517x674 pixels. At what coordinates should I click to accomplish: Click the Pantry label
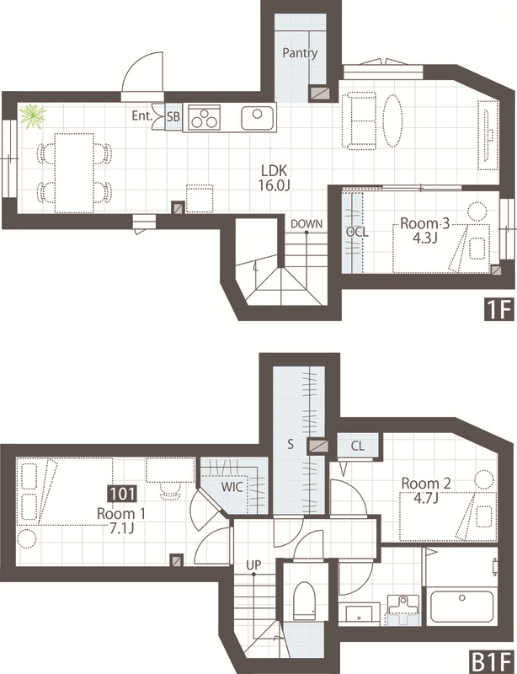pos(300,53)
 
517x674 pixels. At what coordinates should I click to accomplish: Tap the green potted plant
pos(33,115)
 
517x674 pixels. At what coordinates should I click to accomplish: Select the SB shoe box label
pos(173,116)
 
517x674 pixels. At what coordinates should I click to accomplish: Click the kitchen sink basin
pos(257,118)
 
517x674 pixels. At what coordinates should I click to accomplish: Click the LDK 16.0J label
pos(274,178)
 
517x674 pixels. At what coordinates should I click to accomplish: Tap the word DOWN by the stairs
pos(306,223)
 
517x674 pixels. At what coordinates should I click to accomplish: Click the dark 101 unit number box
pos(123,494)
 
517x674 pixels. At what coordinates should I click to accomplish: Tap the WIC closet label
pos(232,488)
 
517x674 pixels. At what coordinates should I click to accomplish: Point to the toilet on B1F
pos(304,600)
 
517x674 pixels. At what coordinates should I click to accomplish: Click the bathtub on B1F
pos(461,606)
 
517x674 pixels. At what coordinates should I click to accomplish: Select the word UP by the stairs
pos(253,564)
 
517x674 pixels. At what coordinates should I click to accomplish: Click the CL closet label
pos(358,446)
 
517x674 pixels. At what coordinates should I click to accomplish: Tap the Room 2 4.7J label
pos(426,490)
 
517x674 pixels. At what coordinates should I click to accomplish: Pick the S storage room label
pos(290,445)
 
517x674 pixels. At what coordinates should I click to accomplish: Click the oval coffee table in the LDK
pos(392,120)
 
